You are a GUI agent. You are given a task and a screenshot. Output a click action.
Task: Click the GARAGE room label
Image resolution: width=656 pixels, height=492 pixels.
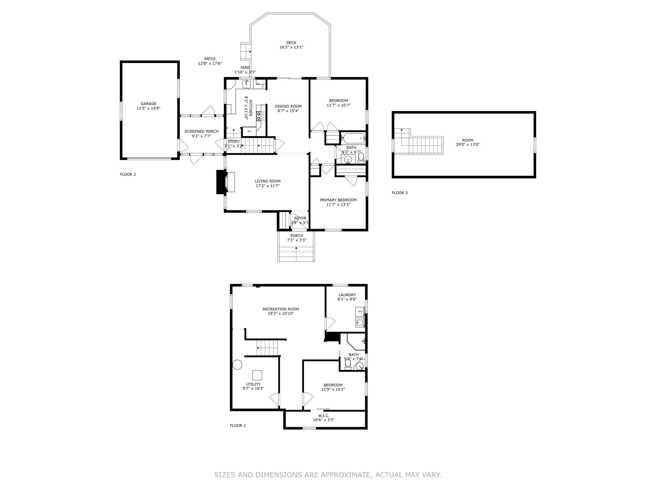[148, 103]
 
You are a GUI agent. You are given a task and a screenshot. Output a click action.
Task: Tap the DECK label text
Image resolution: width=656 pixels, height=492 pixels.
[291, 43]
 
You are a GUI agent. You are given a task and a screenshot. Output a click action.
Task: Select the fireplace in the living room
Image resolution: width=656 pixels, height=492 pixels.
[225, 182]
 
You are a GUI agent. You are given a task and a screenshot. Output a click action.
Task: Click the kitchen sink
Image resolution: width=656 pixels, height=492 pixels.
[246, 84]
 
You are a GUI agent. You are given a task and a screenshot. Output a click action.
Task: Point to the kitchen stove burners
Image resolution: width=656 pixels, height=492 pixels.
[261, 116]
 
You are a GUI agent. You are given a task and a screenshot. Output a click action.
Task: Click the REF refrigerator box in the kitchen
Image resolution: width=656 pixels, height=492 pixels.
[249, 131]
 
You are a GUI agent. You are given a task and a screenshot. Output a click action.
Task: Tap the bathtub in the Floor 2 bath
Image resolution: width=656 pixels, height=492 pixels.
[354, 138]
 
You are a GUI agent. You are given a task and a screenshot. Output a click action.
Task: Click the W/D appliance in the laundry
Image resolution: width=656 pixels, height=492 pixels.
[360, 312]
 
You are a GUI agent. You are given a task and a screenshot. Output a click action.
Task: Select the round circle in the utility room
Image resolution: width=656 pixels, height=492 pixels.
[237, 365]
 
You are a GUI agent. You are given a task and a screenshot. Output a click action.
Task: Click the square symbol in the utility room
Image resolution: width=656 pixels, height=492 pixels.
[257, 375]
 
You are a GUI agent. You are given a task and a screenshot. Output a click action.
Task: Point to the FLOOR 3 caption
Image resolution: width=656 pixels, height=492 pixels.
[400, 193]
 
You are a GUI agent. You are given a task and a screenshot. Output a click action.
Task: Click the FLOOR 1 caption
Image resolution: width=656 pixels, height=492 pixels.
[238, 425]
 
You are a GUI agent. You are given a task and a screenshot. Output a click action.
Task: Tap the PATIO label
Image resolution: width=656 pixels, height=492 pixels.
[210, 59]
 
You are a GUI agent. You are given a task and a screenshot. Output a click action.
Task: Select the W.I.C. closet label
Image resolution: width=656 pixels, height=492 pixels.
[324, 415]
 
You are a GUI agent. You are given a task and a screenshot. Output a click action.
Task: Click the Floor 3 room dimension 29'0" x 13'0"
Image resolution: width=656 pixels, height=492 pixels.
[468, 144]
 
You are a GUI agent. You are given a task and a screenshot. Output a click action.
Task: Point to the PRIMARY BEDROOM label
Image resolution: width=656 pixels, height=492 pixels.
[338, 200]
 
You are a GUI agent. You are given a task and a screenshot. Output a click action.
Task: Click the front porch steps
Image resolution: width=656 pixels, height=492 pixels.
[296, 254]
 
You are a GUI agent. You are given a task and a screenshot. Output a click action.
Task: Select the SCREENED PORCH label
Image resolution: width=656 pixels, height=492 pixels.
[201, 132]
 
